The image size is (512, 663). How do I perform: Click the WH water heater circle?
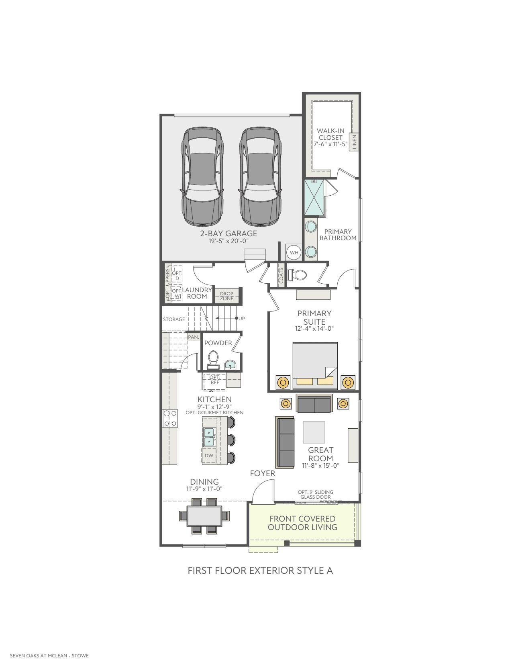pyautogui.click(x=294, y=252)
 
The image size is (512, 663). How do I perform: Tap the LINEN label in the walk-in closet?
pyautogui.click(x=354, y=142)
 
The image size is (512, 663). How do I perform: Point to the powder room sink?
pyautogui.click(x=230, y=364)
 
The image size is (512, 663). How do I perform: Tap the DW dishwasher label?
pyautogui.click(x=209, y=456)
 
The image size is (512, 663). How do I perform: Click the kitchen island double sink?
pyautogui.click(x=209, y=437)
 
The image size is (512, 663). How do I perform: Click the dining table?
pyautogui.click(x=204, y=516)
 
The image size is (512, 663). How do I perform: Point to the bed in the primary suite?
pyautogui.click(x=315, y=366)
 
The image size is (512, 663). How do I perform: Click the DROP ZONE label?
pyautogui.click(x=226, y=296)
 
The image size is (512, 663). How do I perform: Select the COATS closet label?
pyautogui.click(x=281, y=275)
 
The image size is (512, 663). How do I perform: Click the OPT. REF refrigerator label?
pyautogui.click(x=215, y=380)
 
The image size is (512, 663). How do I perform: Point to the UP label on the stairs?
pyautogui.click(x=241, y=319)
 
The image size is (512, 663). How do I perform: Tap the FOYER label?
pyautogui.click(x=263, y=473)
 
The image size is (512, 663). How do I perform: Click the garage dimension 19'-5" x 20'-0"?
pyautogui.click(x=228, y=241)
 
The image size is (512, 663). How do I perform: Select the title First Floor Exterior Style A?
pyautogui.click(x=260, y=571)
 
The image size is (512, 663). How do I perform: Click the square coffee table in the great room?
pyautogui.click(x=314, y=432)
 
